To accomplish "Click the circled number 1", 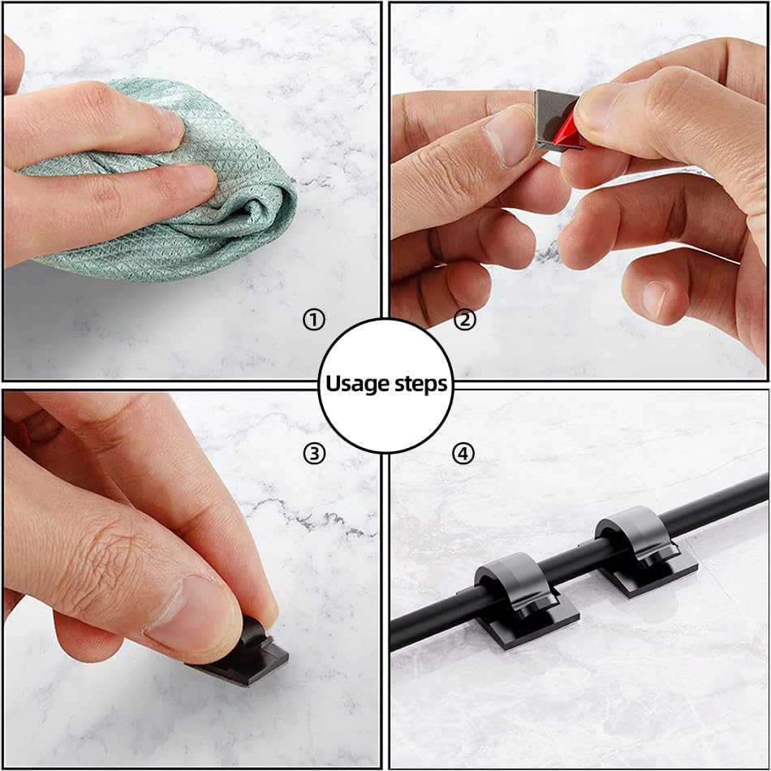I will tap(313, 320).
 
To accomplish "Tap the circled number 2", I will tap(464, 320).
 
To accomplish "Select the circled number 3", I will tap(313, 454).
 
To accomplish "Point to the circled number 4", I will tap(463, 454).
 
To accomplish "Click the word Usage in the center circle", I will tap(356, 384).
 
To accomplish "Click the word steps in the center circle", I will tap(420, 385).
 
